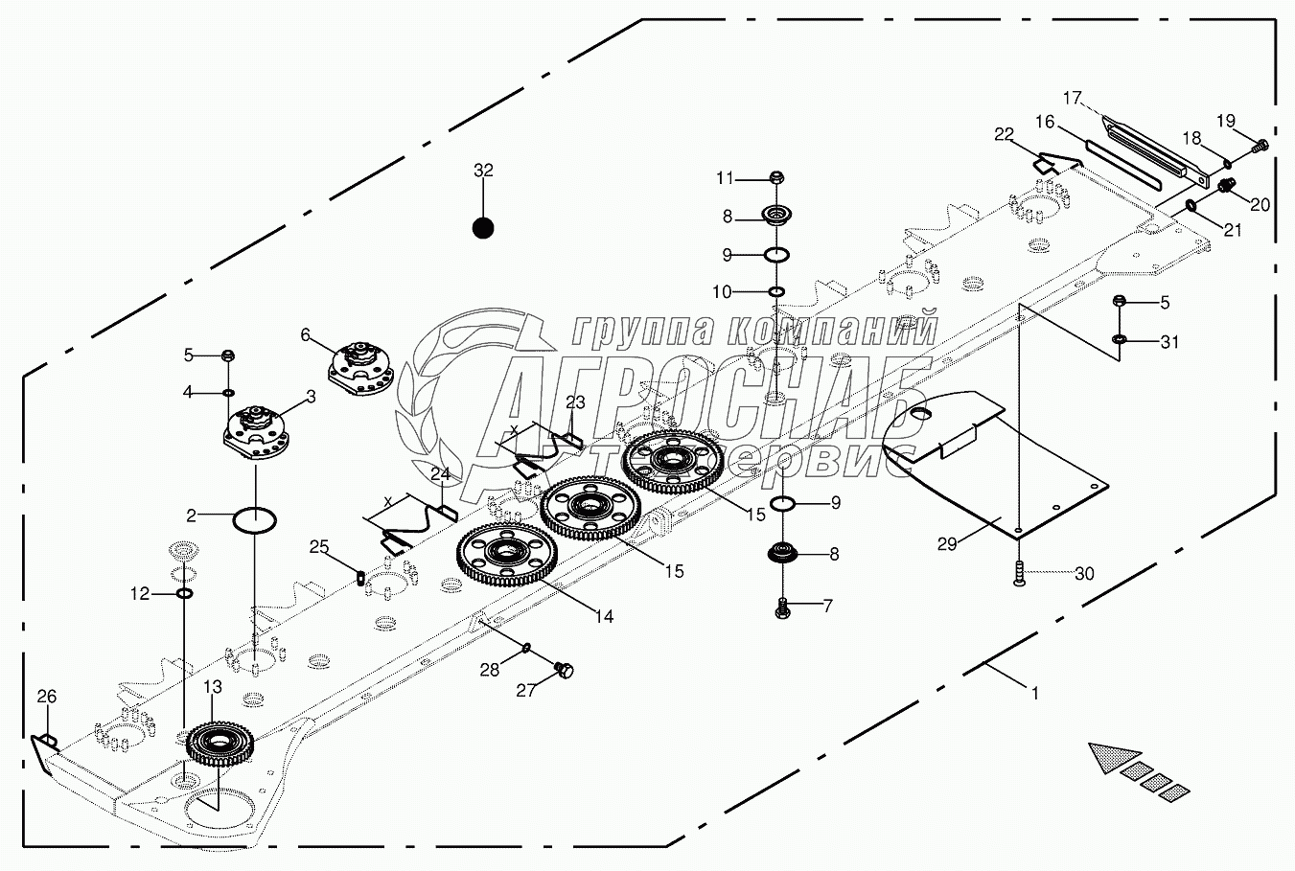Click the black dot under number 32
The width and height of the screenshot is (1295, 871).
click(483, 228)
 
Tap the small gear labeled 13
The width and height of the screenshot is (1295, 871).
click(220, 744)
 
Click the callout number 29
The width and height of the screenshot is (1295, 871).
click(947, 543)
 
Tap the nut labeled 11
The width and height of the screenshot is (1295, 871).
click(777, 177)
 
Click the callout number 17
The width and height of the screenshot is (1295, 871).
click(1072, 98)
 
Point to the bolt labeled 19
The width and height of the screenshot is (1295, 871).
click(1261, 145)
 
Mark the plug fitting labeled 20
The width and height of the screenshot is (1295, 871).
click(1227, 185)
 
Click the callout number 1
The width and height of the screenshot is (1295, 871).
click(1033, 692)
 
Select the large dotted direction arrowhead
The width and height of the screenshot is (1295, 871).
click(1114, 756)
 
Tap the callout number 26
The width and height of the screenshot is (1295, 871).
click(47, 696)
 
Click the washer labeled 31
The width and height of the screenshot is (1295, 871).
click(1119, 340)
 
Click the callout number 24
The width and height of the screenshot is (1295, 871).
click(440, 473)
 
